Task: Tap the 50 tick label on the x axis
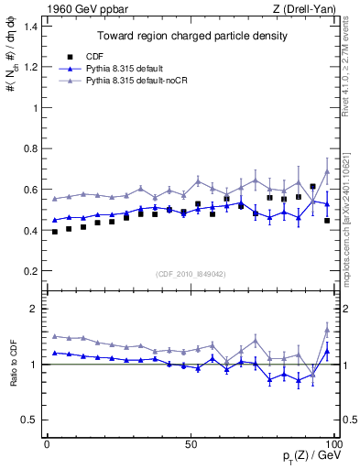point(191,443)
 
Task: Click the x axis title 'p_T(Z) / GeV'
point(309,457)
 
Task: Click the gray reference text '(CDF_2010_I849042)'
point(191,273)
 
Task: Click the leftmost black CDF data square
point(55,232)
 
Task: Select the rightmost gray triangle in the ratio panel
point(327,331)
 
